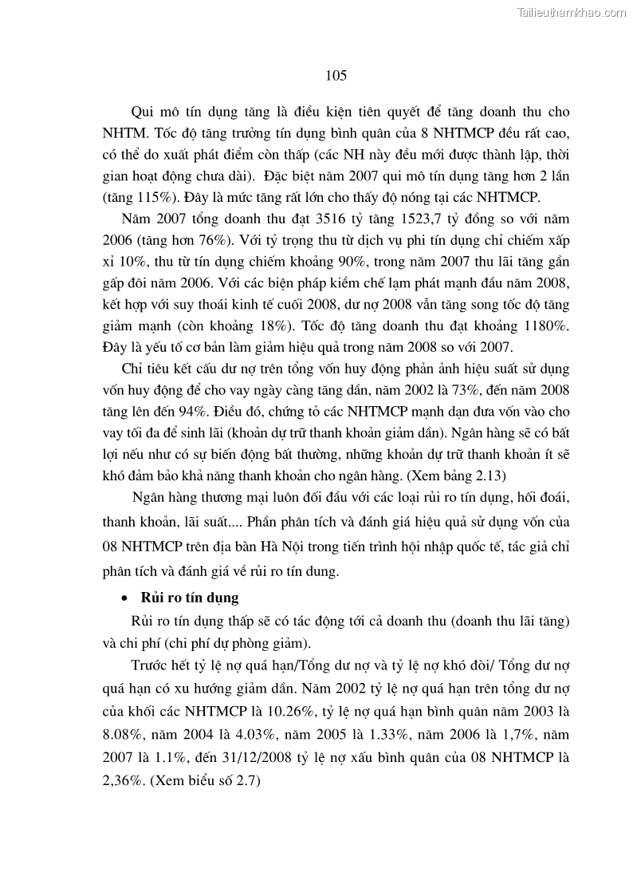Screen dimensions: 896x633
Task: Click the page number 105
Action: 336,76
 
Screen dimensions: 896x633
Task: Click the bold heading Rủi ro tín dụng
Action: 190,597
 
